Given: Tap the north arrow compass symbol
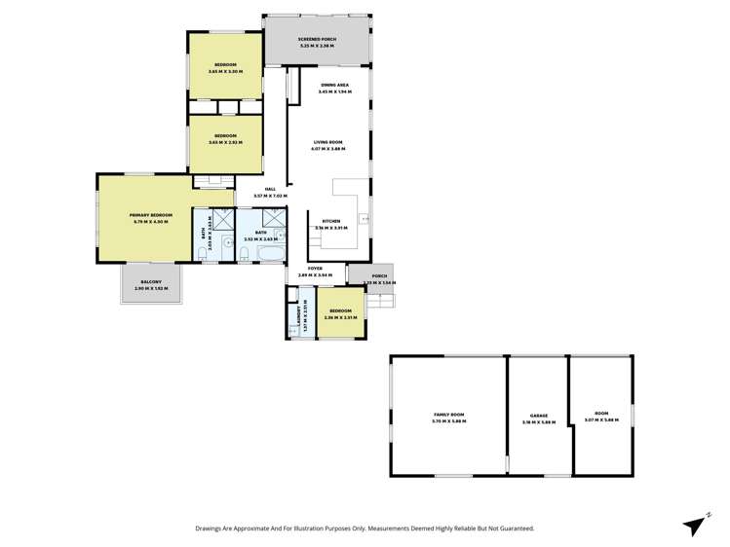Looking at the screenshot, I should coord(694,525).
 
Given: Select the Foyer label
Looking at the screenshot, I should coord(315,268).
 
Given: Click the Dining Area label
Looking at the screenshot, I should coord(335,85).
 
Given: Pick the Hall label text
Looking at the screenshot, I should coord(270,189).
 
